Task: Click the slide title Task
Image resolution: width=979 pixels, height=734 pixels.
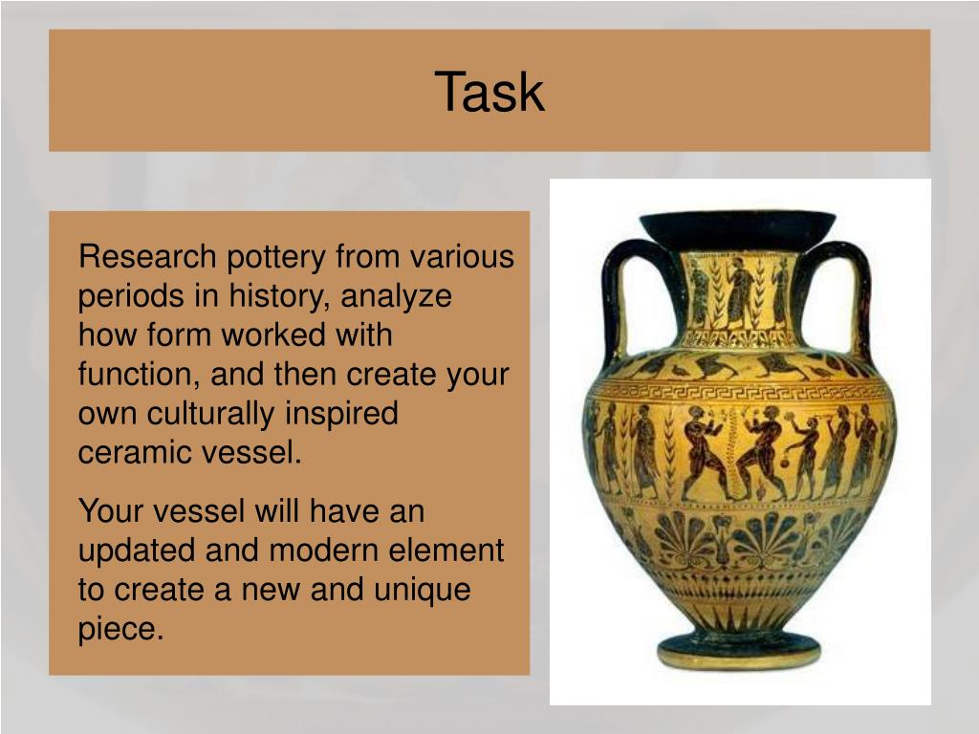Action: point(489,93)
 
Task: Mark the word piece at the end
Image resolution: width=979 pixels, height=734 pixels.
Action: point(120,629)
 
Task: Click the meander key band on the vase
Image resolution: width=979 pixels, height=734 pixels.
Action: point(739,392)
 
